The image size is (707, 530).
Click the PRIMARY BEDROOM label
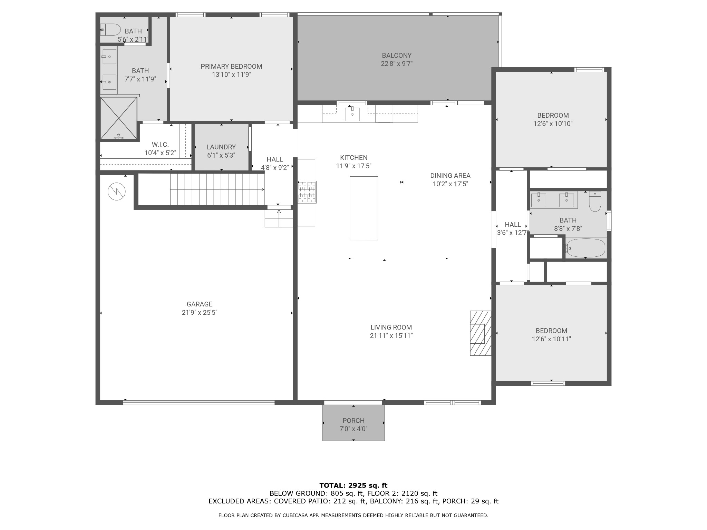231,66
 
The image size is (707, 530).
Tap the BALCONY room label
397,55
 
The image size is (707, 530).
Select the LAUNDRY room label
221,147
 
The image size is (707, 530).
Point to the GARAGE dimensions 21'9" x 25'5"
200,313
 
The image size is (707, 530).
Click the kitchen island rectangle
364,208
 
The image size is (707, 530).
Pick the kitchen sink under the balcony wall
352,114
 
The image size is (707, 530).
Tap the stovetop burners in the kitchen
307,192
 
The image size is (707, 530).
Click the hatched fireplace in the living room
481,333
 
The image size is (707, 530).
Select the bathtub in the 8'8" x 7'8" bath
586,248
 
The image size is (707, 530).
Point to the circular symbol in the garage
116,192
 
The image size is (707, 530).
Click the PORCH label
353,421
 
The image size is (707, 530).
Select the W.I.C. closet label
160,145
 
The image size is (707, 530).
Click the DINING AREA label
450,176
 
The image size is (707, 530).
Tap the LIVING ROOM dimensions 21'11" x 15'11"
391,336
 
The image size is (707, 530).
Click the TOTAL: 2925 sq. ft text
353,485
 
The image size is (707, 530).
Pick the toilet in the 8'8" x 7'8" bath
595,201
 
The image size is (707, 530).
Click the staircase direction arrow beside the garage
217,189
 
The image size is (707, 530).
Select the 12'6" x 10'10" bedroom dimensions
553,124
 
